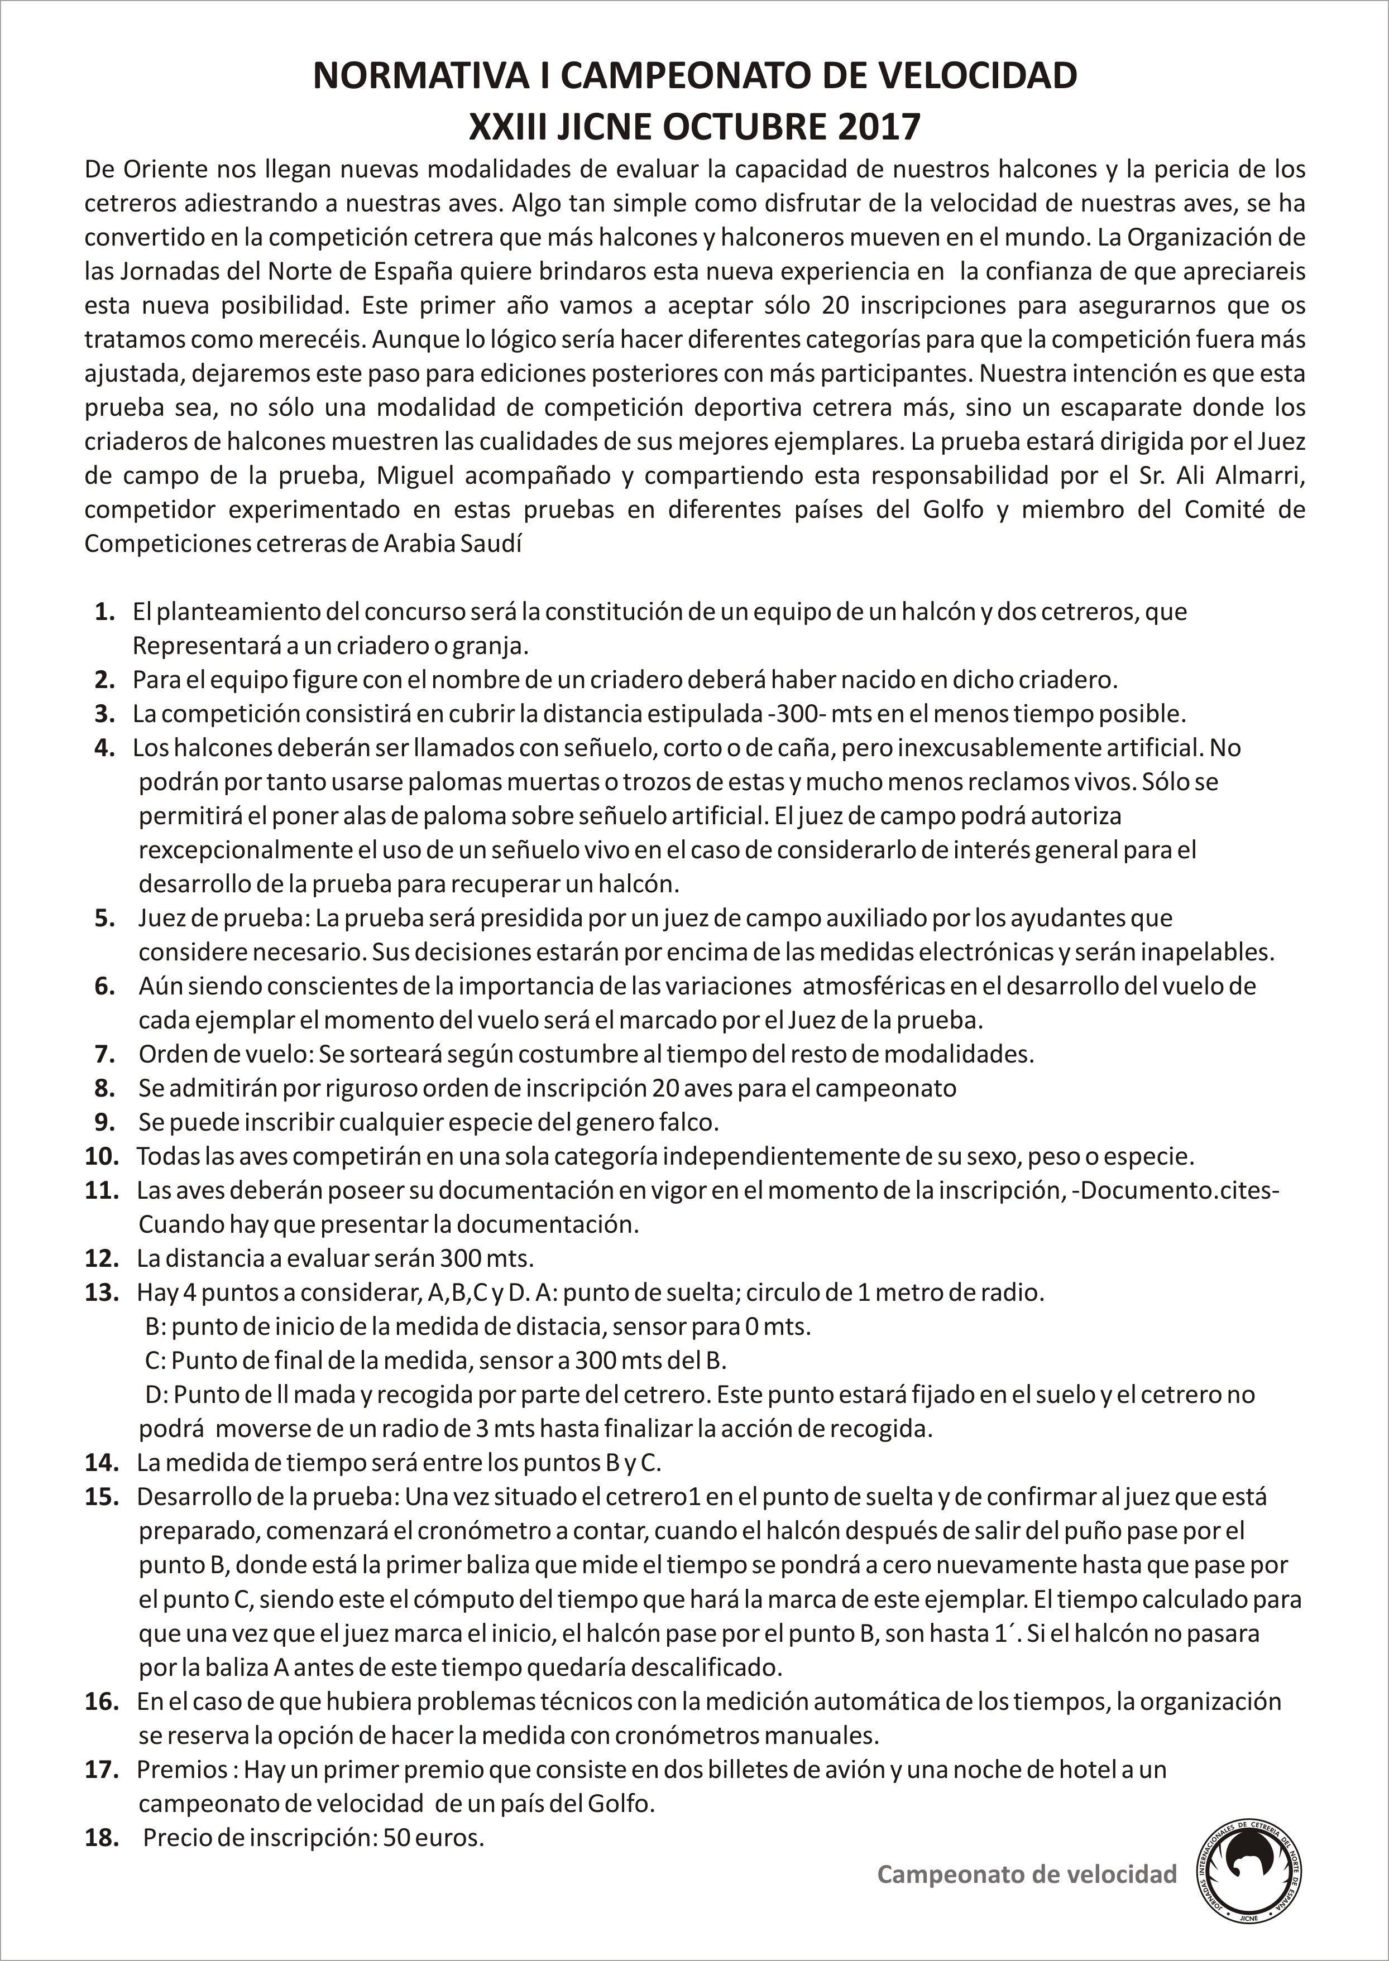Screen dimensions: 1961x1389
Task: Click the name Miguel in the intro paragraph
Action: [x=415, y=475]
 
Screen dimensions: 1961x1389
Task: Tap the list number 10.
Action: [x=101, y=1157]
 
